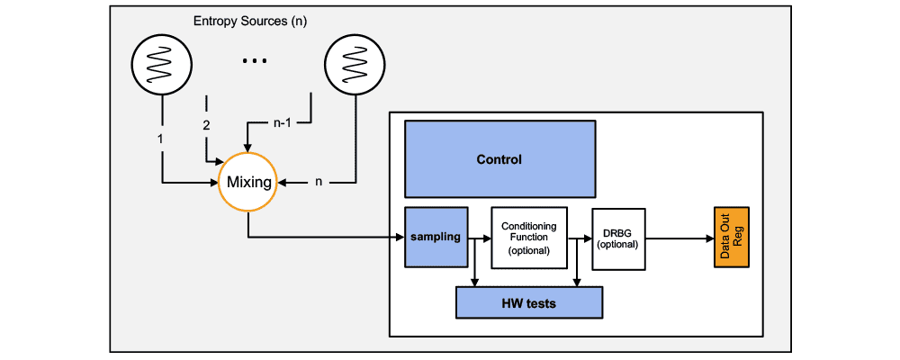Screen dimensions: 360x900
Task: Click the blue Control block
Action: pos(499,159)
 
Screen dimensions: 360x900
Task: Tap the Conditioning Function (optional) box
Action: pos(528,238)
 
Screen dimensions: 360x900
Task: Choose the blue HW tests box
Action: pos(528,303)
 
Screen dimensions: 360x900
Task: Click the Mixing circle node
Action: pos(248,183)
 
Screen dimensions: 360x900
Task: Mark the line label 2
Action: pos(206,125)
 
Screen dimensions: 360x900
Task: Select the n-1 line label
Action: pos(283,125)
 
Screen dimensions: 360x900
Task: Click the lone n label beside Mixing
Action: pos(318,183)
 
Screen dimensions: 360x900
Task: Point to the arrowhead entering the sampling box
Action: pos(400,238)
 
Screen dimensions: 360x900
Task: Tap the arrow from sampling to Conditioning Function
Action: pos(480,238)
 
